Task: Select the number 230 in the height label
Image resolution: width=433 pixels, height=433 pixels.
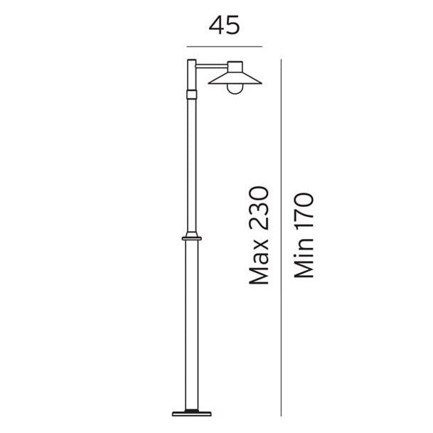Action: click(260, 209)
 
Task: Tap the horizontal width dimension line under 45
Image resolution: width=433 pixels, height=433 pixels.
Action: click(224, 45)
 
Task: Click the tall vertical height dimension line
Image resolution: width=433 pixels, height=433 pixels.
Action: click(282, 235)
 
